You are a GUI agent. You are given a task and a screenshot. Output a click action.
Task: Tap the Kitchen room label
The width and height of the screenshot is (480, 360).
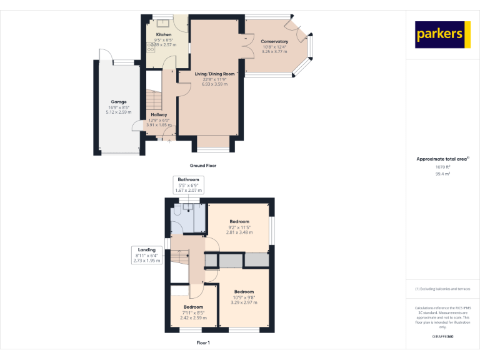pyautogui.click(x=164, y=35)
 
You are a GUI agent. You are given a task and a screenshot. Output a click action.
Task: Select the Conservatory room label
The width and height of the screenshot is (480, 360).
pyautogui.click(x=274, y=41)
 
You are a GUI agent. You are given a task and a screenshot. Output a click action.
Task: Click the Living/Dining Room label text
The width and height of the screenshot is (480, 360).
pyautogui.click(x=214, y=74)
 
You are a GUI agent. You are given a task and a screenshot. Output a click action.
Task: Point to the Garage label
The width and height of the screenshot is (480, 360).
pyautogui.click(x=119, y=102)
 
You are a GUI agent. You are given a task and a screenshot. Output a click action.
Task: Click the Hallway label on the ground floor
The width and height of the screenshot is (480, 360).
pyautogui.click(x=159, y=114)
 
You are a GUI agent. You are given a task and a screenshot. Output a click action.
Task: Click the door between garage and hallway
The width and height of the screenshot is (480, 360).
pyautogui.click(x=138, y=127)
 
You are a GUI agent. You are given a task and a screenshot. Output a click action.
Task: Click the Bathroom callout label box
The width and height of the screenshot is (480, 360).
pyautogui.click(x=188, y=184)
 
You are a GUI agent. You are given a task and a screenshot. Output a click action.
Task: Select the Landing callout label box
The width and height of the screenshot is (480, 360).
pyautogui.click(x=146, y=255)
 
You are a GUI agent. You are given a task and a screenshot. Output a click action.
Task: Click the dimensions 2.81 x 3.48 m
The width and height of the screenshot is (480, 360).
pyautogui.click(x=239, y=232)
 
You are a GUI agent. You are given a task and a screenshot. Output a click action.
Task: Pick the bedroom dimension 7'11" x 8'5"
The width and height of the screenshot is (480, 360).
pyautogui.click(x=193, y=312)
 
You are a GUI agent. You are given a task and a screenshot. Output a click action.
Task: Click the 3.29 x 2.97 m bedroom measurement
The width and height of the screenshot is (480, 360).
pyautogui.click(x=244, y=302)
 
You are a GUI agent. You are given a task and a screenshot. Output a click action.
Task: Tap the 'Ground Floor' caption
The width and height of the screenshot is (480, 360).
pyautogui.click(x=203, y=166)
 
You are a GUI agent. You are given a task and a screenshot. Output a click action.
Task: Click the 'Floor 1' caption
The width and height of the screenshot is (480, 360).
pyautogui.click(x=203, y=343)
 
